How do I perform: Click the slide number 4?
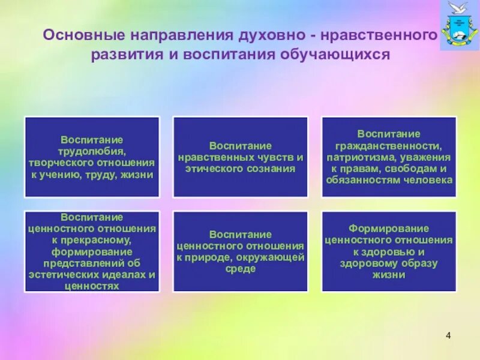[x=448, y=334]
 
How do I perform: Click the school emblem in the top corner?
[x=460, y=25]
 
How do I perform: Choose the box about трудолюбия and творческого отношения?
[x=92, y=157]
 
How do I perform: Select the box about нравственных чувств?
[x=241, y=157]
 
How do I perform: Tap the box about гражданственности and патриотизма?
[x=389, y=157]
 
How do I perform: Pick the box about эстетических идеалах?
[x=92, y=251]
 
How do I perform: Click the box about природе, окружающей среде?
[x=241, y=251]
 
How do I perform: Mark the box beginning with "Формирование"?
[x=389, y=251]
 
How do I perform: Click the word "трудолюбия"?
[x=92, y=151]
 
